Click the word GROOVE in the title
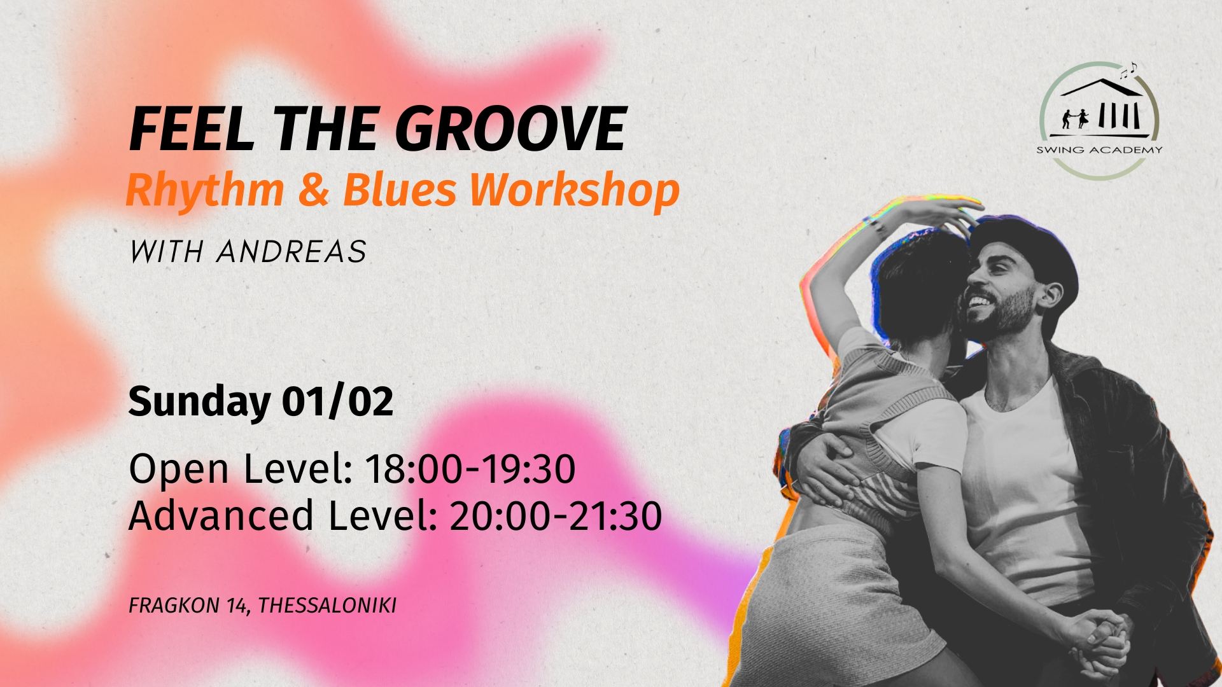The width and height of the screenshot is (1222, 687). pos(511,129)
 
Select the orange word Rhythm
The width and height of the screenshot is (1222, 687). pos(205,190)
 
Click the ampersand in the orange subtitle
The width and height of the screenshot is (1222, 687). pos(313,190)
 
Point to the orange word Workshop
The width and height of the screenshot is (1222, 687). pos(575,190)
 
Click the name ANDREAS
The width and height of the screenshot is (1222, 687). pos(291,252)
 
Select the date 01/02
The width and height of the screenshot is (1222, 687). pos(338,401)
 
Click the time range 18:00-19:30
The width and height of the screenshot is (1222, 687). pos(470,469)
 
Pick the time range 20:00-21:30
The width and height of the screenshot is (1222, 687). pos(556,516)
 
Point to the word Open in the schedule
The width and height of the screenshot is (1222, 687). pos(179,470)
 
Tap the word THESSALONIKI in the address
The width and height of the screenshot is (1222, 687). pos(327,605)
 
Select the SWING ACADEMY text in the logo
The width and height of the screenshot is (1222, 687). pos(1099,150)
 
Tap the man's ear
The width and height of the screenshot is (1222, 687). pos(1049,294)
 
